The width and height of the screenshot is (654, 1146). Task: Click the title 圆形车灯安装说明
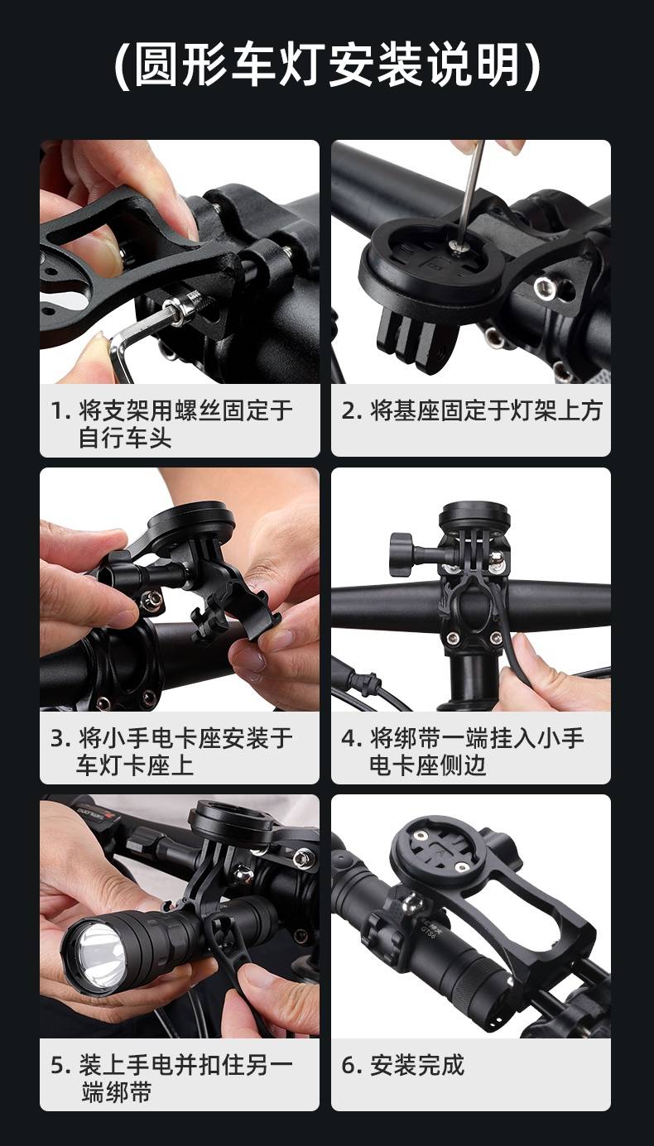326,65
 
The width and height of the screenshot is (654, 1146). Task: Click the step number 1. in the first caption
60,410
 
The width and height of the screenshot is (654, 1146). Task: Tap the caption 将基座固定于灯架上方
486,410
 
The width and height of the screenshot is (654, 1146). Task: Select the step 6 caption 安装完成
417,1065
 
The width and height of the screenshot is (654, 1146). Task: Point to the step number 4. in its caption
353,738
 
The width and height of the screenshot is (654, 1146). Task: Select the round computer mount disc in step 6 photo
440,851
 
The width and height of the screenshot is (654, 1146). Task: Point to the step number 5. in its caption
60,1066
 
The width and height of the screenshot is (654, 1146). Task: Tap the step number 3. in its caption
60,738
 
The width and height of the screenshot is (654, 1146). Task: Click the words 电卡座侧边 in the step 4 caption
427,765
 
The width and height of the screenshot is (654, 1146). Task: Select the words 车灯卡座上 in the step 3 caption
136,765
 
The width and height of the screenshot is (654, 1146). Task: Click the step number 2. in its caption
352,410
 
